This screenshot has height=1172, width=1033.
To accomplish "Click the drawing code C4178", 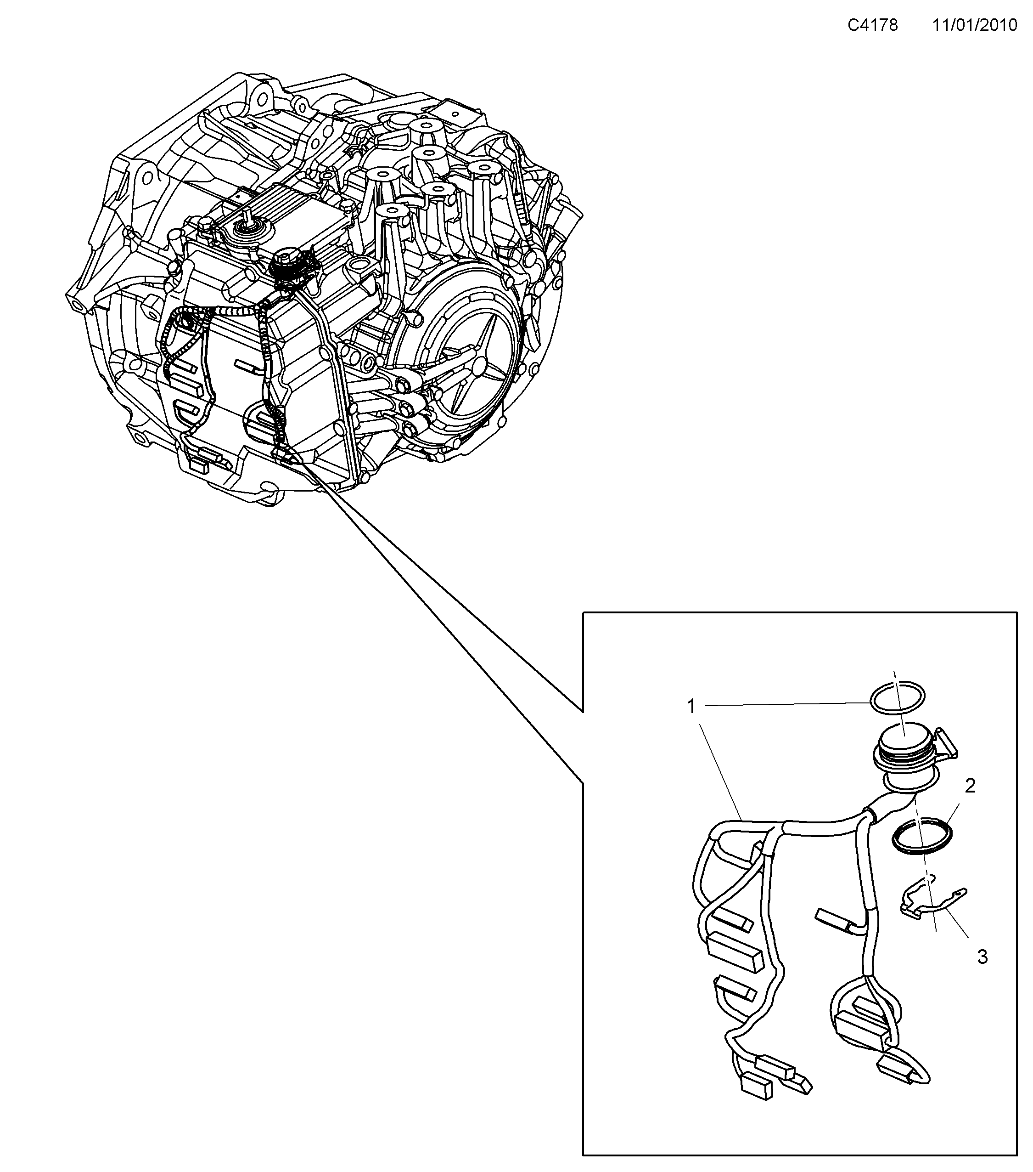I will tap(873, 25).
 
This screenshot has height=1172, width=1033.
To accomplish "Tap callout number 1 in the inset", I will tap(691, 707).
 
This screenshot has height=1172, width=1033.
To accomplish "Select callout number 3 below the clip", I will tap(982, 957).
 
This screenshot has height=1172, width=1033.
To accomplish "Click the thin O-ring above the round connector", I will tap(897, 699).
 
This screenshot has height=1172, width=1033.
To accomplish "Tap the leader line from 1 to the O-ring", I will tap(785, 705).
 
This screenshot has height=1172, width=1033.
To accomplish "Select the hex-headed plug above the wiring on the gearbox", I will tap(284, 258).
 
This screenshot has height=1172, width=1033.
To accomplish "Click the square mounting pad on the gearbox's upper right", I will tap(455, 111).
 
